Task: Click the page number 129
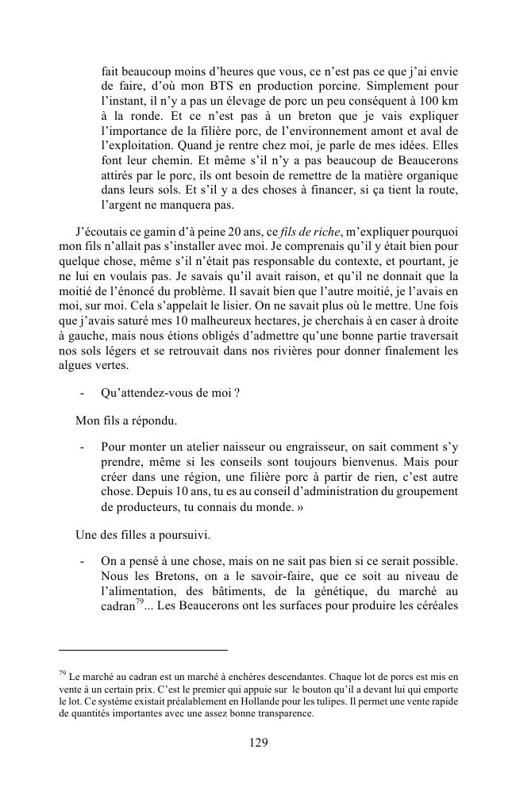257,743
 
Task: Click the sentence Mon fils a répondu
125,419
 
